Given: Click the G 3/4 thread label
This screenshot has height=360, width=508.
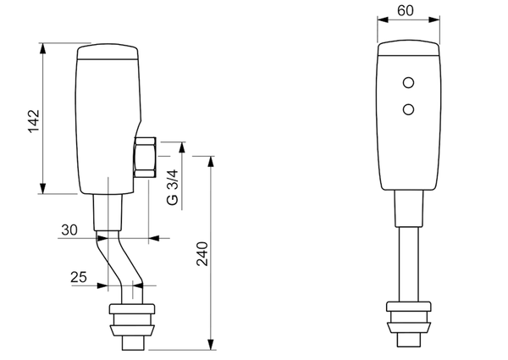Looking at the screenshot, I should pyautogui.click(x=172, y=188).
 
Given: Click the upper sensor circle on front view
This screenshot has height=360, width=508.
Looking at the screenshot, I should pyautogui.click(x=410, y=83).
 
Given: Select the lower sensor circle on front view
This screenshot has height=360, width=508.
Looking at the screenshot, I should pyautogui.click(x=410, y=108).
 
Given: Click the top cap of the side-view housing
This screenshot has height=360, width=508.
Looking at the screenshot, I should pyautogui.click(x=108, y=54).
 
